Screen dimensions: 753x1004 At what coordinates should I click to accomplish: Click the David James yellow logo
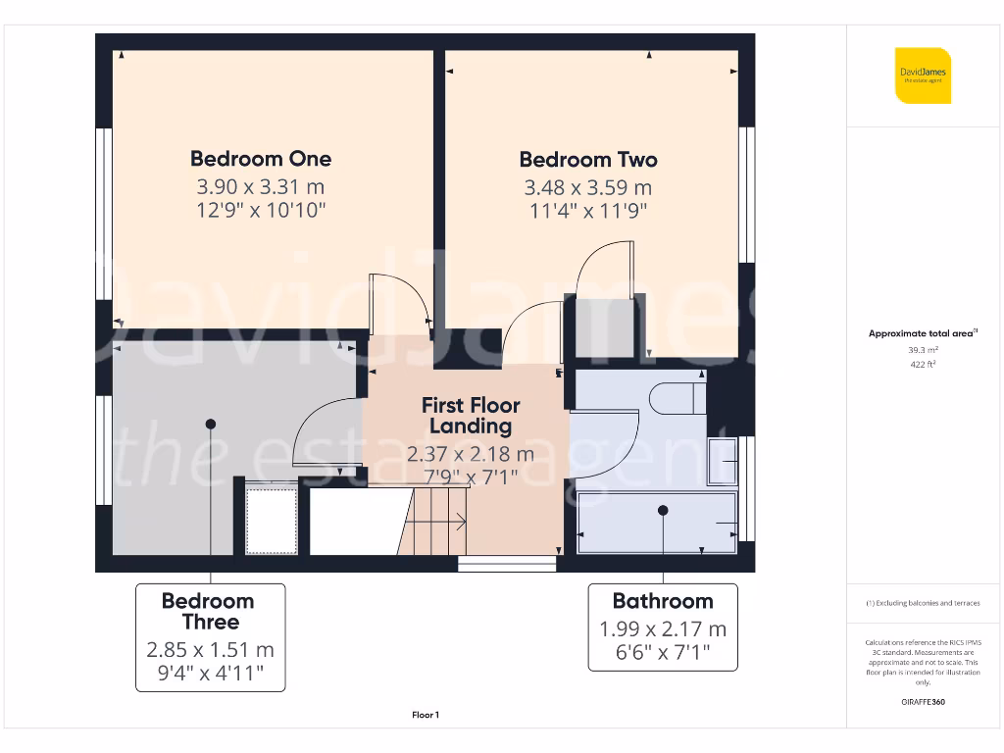tap(923, 75)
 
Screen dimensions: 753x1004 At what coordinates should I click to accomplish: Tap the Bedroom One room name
tap(261, 159)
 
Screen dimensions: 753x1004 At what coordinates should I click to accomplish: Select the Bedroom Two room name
tap(588, 160)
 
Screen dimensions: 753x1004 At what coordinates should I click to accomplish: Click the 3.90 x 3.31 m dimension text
tap(261, 186)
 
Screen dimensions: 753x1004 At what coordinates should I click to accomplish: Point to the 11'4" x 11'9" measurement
tap(588, 210)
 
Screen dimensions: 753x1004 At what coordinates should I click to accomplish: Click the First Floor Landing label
tap(471, 416)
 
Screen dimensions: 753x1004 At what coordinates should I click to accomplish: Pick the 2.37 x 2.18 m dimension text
tap(471, 454)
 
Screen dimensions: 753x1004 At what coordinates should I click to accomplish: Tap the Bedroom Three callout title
tap(208, 611)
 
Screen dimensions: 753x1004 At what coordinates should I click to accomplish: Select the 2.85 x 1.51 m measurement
tap(210, 649)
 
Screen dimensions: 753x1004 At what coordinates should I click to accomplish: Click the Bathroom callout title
tap(663, 601)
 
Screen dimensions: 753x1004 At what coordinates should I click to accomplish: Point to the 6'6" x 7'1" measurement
tap(663, 652)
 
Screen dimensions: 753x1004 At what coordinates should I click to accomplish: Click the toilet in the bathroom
tap(677, 398)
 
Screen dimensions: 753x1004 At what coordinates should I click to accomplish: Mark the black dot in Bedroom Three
tap(210, 424)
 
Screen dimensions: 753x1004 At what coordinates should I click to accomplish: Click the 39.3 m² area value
tap(923, 349)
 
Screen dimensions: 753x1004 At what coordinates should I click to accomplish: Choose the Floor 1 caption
tap(425, 716)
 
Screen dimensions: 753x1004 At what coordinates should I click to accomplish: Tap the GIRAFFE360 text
tap(923, 702)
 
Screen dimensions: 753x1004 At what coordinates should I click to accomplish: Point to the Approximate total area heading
tap(923, 333)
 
